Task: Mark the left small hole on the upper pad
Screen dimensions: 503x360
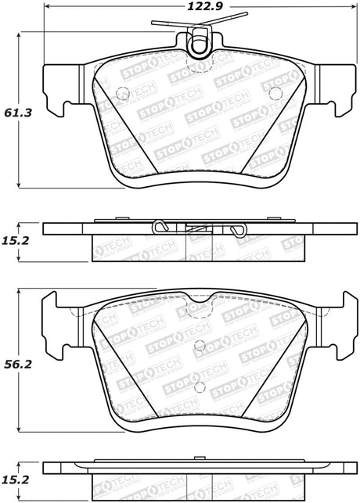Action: [121, 92]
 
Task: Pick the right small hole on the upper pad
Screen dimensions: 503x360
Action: [274, 92]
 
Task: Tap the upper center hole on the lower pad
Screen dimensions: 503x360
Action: [200, 344]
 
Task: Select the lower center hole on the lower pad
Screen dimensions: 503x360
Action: [200, 388]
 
